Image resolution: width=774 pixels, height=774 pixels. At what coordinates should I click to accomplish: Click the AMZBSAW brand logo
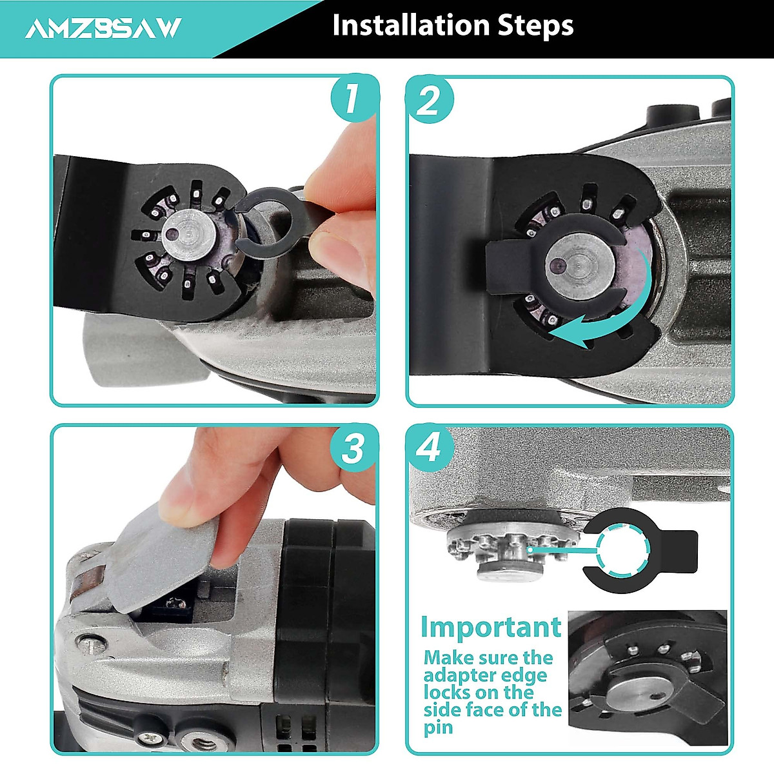103,28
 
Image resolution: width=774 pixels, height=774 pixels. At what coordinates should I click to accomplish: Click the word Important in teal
491,627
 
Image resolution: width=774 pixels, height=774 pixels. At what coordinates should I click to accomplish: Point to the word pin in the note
438,728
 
